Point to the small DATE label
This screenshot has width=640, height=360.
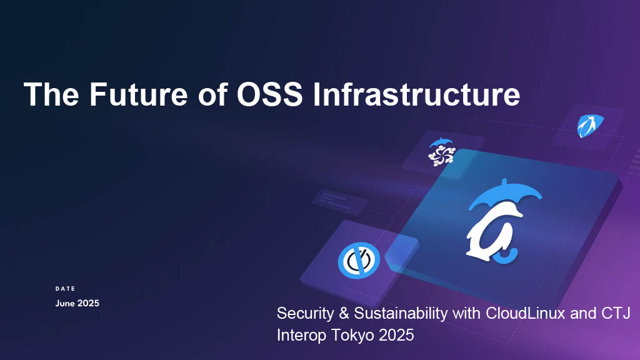65,289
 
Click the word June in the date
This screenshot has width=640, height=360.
65,303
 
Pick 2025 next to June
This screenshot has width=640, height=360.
88,303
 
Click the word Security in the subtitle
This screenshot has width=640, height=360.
301,314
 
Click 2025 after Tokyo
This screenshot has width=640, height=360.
396,335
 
